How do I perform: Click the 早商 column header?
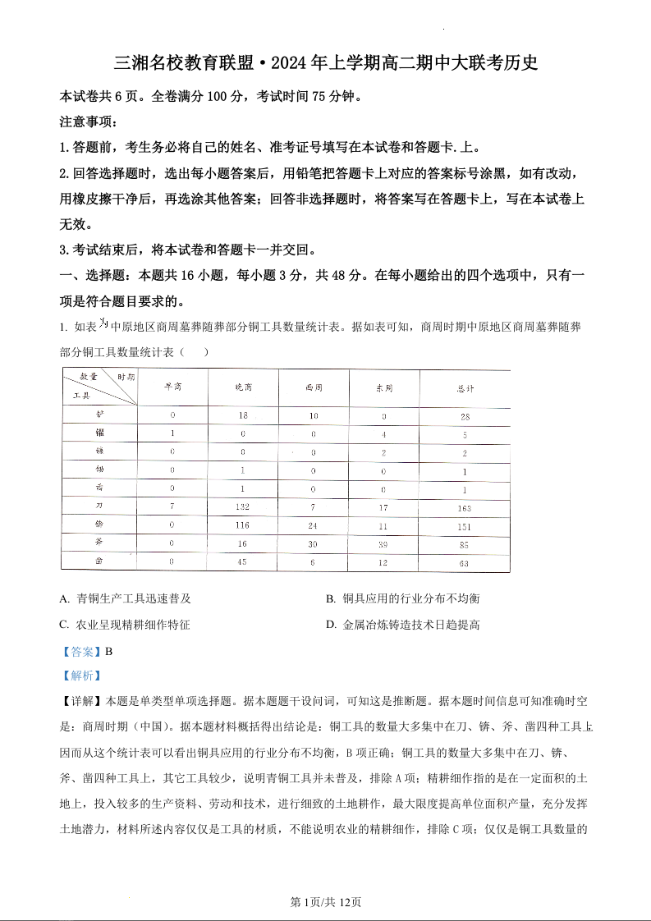coord(172,387)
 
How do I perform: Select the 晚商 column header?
coord(243,387)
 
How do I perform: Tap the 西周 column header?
coord(314,387)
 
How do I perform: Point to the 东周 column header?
coord(383,387)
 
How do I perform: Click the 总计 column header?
coord(465,387)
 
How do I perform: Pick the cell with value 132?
coord(242,507)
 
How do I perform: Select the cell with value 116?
coord(242,525)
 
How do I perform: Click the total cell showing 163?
coord(465,508)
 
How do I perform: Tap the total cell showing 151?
coord(465,526)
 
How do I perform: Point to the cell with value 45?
coord(242,561)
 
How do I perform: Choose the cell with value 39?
coord(383,543)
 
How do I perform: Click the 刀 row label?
coord(99,507)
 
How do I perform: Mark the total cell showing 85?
coord(465,544)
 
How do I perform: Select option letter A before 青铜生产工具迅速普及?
coord(64,599)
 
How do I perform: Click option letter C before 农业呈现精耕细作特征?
coord(64,625)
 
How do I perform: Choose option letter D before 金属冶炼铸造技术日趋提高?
coord(331,625)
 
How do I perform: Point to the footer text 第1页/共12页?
coord(326,901)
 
